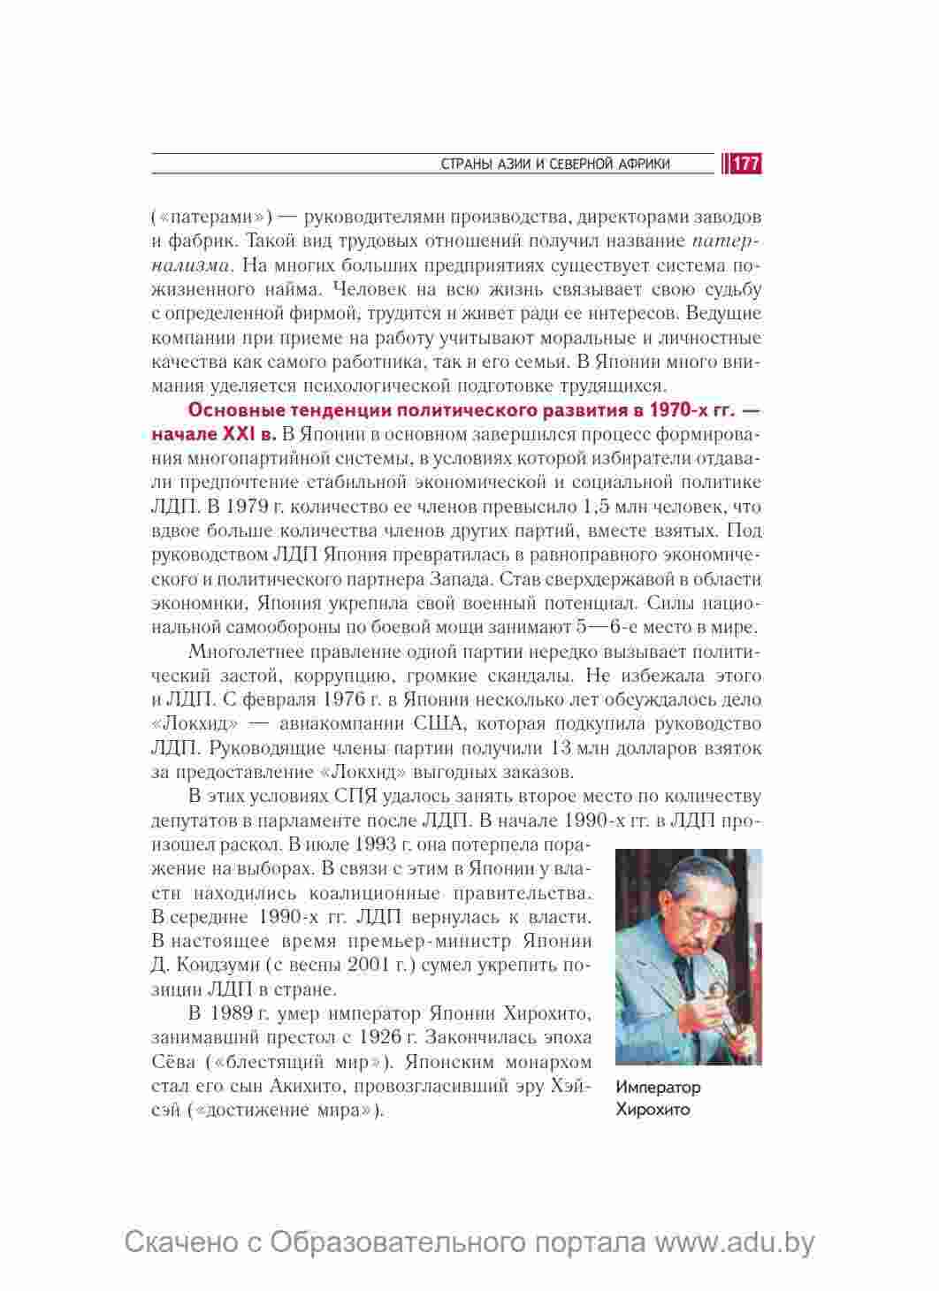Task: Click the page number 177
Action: point(746,164)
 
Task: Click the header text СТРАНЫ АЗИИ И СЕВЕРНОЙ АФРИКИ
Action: point(555,164)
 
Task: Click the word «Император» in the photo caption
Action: point(658,1088)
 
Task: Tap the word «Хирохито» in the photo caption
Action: point(653,1110)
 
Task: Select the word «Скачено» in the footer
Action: point(182,1242)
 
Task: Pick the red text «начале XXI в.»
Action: point(214,434)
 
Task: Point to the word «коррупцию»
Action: point(341,676)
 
